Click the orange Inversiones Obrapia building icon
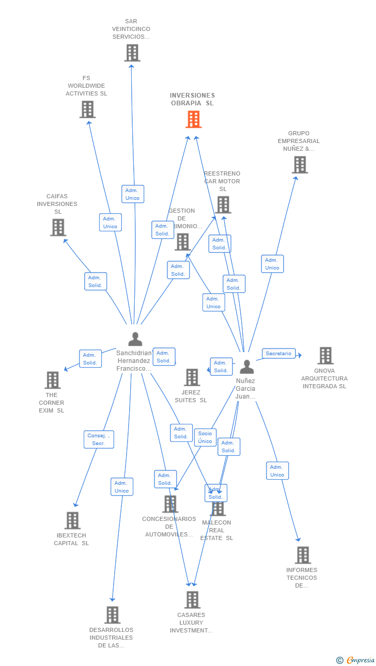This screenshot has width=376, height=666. [193, 119]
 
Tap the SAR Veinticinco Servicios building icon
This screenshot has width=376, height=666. [132, 53]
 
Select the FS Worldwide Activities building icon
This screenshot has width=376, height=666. [87, 109]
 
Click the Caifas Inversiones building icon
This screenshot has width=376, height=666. [58, 227]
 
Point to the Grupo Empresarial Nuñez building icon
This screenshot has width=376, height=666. [300, 165]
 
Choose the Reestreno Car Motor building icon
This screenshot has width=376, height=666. [223, 205]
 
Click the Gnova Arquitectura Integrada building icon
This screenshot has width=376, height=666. [325, 356]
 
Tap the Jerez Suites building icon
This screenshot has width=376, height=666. [192, 377]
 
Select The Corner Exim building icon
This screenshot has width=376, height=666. [52, 380]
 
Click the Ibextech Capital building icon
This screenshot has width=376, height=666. [72, 520]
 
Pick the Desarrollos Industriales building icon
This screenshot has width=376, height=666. [112, 615]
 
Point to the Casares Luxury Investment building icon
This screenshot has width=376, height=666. [192, 600]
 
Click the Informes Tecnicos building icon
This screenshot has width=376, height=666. [303, 555]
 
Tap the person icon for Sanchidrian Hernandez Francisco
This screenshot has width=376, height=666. [135, 339]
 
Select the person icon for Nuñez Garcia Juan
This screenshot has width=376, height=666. [247, 367]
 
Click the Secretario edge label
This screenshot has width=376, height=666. [278, 354]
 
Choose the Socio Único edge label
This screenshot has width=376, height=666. [205, 437]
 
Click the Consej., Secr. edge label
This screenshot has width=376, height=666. [99, 439]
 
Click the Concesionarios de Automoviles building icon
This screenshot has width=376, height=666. [170, 504]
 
